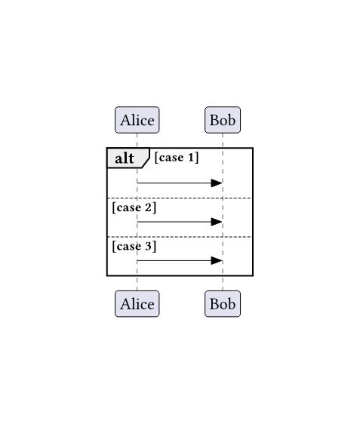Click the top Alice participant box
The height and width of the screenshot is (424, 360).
click(137, 120)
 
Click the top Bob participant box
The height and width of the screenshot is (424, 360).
click(223, 120)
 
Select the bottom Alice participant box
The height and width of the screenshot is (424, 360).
click(137, 304)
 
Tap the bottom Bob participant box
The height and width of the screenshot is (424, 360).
click(223, 304)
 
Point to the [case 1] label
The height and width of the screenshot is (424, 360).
click(177, 158)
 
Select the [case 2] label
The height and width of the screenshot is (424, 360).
click(134, 207)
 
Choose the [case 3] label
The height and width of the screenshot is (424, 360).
click(134, 247)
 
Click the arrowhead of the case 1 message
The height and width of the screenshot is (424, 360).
click(217, 183)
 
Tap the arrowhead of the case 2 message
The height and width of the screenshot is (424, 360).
click(217, 222)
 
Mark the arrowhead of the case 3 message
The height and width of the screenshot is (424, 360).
click(217, 261)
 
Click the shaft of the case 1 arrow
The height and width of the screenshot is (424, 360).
click(174, 183)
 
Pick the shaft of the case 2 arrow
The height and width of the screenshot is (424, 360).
click(174, 222)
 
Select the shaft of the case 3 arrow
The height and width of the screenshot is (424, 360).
click(174, 261)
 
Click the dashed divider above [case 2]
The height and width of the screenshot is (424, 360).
click(180, 198)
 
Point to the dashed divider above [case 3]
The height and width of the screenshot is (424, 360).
click(180, 237)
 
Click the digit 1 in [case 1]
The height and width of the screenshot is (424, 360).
click(191, 158)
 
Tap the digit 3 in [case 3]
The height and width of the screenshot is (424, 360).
click(149, 247)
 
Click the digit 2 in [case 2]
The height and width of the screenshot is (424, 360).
click(149, 207)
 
